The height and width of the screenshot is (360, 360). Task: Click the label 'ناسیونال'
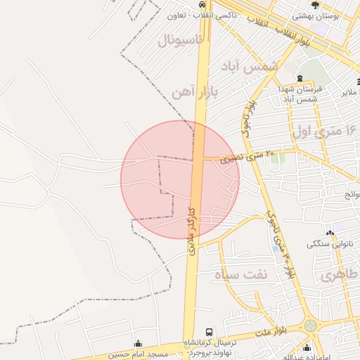point(180,39)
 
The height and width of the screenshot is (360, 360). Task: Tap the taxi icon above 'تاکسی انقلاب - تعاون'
point(203,4)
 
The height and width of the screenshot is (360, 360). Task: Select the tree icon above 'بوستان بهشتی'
point(315,4)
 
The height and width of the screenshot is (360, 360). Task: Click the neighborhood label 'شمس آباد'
point(250,66)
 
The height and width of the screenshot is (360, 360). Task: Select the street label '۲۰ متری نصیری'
point(248,157)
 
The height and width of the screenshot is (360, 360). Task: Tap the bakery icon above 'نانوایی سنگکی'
point(330,233)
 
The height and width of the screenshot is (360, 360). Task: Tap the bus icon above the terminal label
point(208,332)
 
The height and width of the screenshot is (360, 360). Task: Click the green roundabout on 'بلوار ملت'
point(310,326)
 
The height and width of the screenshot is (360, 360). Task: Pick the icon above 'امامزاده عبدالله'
point(306,347)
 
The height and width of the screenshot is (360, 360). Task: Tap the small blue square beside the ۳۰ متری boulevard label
point(274,249)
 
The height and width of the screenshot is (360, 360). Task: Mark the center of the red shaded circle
point(180,179)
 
